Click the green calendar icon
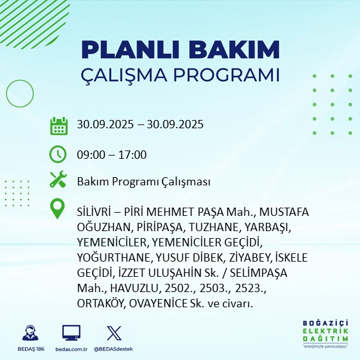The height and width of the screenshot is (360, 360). click(59, 125)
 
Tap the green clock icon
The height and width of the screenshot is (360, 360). click(58, 154)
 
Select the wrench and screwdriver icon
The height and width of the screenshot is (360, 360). click(58, 181)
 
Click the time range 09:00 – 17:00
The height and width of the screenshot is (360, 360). click(112, 154)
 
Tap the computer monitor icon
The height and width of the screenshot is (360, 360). click(71, 332)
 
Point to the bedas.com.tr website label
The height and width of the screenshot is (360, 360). click(71, 349)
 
